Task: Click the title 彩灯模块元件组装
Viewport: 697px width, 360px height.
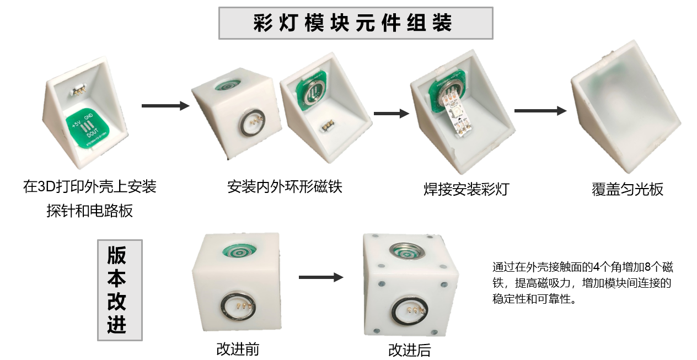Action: [352, 23]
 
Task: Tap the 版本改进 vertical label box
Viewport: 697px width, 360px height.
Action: [120, 290]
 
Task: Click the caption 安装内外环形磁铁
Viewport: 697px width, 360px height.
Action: [285, 187]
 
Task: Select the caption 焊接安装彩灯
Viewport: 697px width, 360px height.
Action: [467, 189]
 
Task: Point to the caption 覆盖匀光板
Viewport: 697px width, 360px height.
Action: [628, 189]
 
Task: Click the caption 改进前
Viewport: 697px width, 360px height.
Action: [238, 349]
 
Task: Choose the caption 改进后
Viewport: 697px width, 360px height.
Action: [410, 350]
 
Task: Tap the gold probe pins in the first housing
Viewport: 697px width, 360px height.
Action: [78, 92]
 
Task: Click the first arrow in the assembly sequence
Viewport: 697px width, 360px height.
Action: [165, 106]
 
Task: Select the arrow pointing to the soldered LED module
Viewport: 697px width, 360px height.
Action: [391, 114]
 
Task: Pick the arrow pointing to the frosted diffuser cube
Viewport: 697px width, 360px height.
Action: [540, 111]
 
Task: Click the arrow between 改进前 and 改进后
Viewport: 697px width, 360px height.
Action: [321, 277]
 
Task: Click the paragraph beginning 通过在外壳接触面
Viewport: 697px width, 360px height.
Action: [582, 283]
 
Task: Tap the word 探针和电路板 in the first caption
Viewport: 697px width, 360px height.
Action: [90, 211]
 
